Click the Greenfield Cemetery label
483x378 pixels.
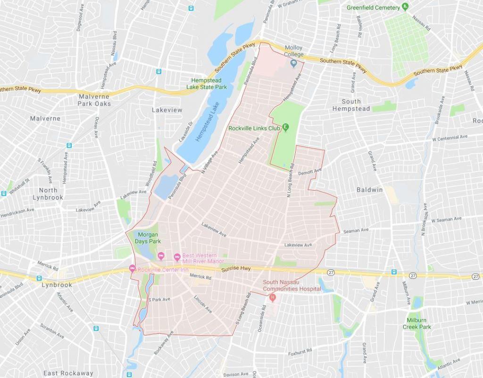(373, 8)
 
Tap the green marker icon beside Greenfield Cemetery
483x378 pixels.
(405, 7)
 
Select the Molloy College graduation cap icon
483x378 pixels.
(293, 62)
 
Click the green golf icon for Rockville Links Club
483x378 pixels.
(286, 127)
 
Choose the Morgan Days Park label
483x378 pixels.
(148, 238)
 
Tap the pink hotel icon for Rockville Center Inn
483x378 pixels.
(132, 269)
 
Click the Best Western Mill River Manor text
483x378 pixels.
(203, 258)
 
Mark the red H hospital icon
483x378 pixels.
(272, 297)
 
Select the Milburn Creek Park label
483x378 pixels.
(417, 323)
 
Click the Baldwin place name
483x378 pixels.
(369, 190)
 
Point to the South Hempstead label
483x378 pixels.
(351, 105)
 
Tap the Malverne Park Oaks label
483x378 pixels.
(94, 100)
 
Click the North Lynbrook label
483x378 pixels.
(48, 193)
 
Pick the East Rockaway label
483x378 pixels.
(68, 373)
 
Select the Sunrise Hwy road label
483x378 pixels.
(236, 269)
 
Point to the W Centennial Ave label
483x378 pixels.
(450, 138)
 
